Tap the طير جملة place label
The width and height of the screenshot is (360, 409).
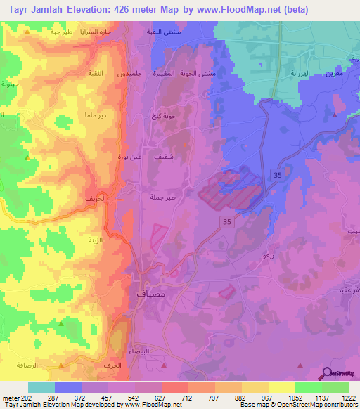[x=162, y=197]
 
